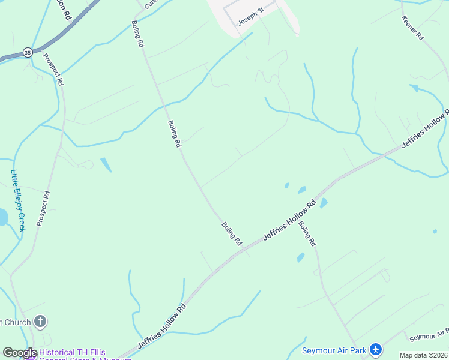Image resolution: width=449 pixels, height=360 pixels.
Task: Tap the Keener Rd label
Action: (x=412, y=27)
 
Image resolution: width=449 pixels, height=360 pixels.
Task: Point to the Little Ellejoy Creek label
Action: (x=18, y=200)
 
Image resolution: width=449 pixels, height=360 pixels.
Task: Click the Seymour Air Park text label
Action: (x=333, y=349)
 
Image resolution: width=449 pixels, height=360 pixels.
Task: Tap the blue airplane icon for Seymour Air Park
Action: (x=376, y=349)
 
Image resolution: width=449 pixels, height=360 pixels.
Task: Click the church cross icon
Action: (x=40, y=322)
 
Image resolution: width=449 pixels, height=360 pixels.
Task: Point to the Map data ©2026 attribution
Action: (x=423, y=355)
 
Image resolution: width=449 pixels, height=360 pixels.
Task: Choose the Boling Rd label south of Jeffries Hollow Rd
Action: (x=307, y=234)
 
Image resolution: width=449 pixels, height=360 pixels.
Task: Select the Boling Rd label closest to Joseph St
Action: (x=137, y=34)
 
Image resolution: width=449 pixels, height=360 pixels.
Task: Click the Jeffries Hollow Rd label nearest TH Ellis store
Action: (x=162, y=326)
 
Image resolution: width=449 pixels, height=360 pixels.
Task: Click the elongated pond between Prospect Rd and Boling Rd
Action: (x=106, y=164)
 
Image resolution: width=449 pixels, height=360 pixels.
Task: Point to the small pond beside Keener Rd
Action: (x=414, y=88)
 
